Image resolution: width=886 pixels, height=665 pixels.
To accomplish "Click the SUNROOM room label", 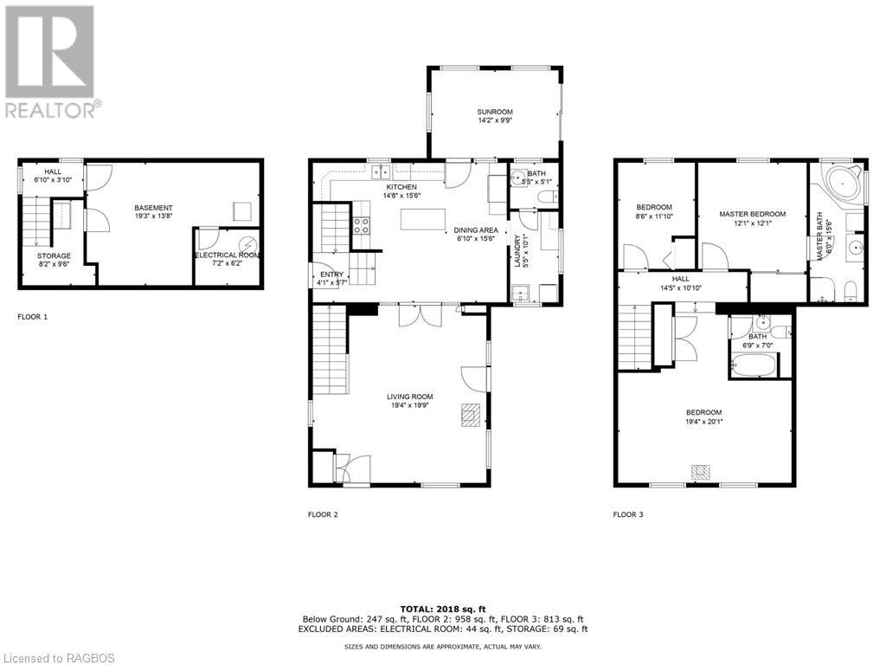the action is click(x=494, y=112).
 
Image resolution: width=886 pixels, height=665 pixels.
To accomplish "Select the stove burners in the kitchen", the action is click(x=362, y=226).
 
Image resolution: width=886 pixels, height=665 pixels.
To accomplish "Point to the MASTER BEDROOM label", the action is click(x=752, y=215).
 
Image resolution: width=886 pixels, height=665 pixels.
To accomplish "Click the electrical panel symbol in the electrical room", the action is click(x=247, y=246).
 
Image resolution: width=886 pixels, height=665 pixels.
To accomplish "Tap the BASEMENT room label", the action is click(x=153, y=208).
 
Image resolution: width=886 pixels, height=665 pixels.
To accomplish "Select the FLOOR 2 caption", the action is click(x=323, y=514).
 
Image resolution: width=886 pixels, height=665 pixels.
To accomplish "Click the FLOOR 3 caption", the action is click(x=628, y=514).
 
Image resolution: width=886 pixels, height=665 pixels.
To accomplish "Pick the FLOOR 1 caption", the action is click(x=33, y=317).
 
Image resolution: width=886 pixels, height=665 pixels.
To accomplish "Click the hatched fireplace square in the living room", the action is click(x=472, y=415).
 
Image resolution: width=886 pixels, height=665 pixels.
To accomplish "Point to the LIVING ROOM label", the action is click(x=409, y=397).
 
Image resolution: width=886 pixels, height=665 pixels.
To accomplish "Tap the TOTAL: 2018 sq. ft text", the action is click(x=442, y=609).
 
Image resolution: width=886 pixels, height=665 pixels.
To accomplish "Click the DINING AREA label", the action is click(x=476, y=230).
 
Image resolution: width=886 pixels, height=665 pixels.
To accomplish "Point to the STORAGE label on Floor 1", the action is click(x=55, y=256).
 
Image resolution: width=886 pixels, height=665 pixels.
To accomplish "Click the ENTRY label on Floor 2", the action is click(x=331, y=274).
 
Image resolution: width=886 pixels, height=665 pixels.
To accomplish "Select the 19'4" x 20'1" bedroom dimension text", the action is click(x=704, y=422).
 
